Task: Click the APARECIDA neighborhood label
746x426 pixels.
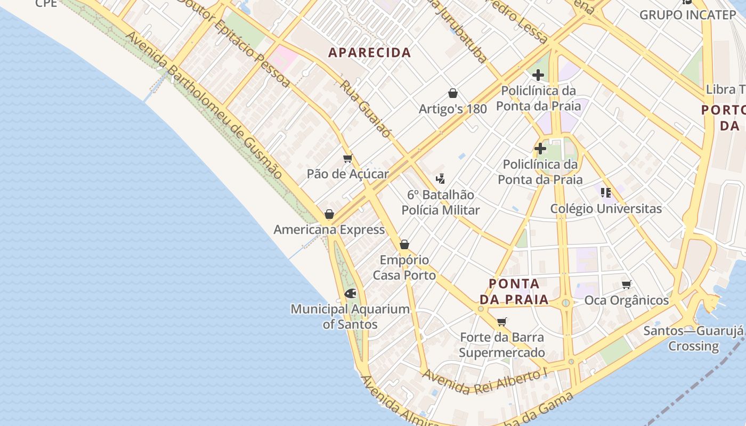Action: tap(369, 53)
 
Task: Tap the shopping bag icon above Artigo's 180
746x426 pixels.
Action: tap(453, 94)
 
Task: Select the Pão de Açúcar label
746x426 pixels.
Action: tap(347, 174)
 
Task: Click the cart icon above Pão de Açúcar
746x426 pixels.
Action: tap(348, 158)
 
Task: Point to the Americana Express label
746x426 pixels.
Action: tap(329, 230)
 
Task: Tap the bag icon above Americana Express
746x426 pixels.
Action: tap(329, 214)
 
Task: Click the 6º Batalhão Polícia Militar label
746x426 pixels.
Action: tap(441, 202)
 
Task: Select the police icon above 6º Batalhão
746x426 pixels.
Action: tap(440, 178)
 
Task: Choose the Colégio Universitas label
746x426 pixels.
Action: tap(606, 209)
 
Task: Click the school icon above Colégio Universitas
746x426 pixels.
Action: tap(605, 192)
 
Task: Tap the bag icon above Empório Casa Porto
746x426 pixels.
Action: tap(404, 244)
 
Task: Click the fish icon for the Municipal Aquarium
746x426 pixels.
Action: tap(350, 293)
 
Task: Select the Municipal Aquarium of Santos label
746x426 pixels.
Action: tap(350, 316)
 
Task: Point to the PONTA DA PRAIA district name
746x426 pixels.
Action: tap(514, 291)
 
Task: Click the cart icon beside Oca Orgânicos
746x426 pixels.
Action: tap(627, 285)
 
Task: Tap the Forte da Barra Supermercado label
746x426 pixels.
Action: tap(501, 345)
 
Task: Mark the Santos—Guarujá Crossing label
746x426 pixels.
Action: tap(693, 338)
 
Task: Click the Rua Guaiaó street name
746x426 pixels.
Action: tap(366, 109)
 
